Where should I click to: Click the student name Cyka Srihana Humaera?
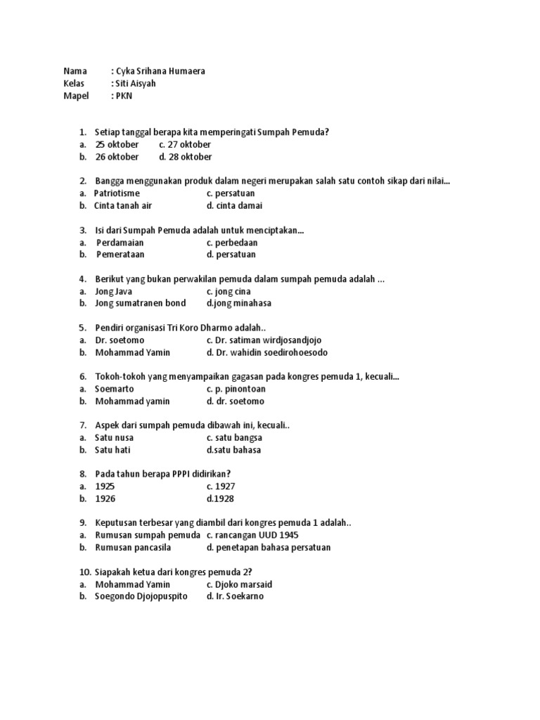[160, 71]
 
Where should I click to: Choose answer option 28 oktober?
[186, 157]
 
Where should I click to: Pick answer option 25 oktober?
[117, 144]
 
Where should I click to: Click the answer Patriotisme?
[117, 193]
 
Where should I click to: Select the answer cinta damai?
[234, 205]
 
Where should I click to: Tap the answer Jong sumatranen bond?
[141, 303]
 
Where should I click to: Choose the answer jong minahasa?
[239, 303]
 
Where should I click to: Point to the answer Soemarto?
[115, 389]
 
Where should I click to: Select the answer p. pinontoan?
[236, 389]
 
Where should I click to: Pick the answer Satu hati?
[112, 450]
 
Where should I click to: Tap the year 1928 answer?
[220, 499]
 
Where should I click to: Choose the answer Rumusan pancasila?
[133, 547]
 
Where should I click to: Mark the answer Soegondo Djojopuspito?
[141, 596]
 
